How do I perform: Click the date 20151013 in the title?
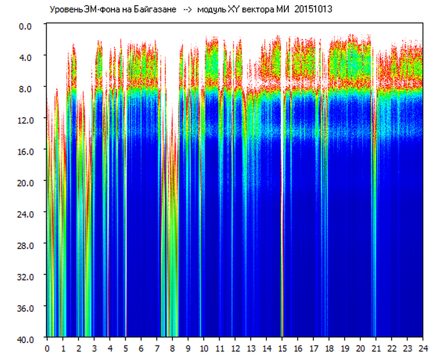pos(313,10)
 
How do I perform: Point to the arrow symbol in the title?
pos(187,10)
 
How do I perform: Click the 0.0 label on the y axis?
pos(25,26)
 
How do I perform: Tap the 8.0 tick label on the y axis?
pos(25,89)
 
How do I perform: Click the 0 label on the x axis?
pos(47,348)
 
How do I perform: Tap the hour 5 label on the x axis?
pos(126,348)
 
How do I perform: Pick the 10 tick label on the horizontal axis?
pos(204,348)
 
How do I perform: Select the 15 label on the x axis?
pos(283,348)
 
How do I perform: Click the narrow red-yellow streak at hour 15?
pos(282,212)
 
